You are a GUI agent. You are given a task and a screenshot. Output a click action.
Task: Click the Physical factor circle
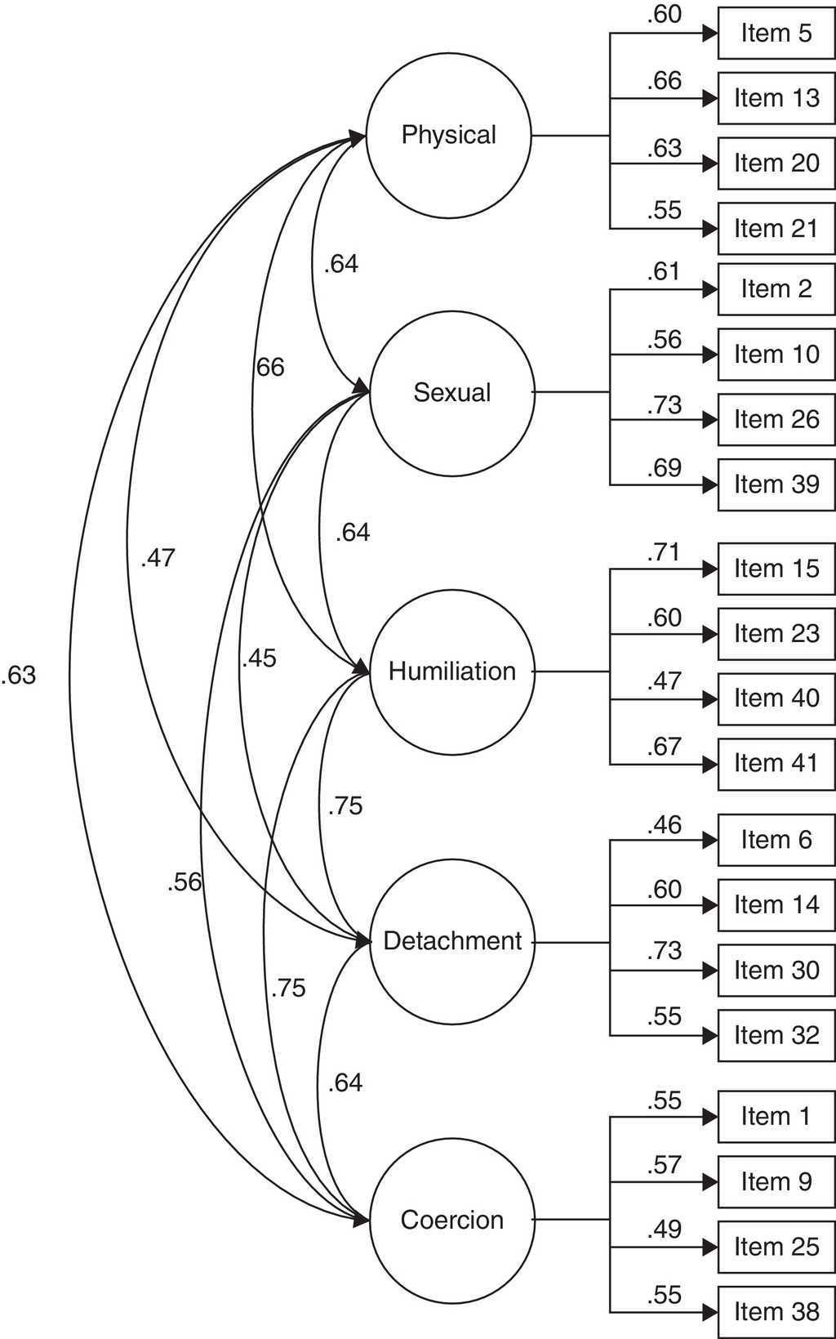(x=448, y=136)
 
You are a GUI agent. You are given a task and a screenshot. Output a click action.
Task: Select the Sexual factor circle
(x=451, y=393)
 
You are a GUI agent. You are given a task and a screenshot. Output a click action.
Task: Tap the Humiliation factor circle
(x=451, y=672)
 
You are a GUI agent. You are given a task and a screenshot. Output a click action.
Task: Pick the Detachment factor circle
(x=451, y=941)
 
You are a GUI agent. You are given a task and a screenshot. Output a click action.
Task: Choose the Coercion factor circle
(x=451, y=1221)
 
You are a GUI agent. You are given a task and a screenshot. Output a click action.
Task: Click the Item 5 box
(x=776, y=33)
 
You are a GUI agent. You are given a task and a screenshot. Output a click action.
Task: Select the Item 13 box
(x=776, y=99)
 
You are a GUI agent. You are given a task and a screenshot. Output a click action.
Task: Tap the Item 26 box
(x=776, y=420)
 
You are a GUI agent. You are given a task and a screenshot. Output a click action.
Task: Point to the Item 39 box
(x=776, y=485)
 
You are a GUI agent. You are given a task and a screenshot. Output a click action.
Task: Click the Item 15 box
(x=776, y=569)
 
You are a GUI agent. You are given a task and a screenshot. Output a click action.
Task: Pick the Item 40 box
(x=776, y=699)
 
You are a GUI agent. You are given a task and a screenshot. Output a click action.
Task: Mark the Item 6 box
(x=776, y=840)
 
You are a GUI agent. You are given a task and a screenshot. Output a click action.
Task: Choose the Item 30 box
(x=776, y=971)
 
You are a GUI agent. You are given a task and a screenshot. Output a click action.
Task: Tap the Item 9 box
(x=776, y=1182)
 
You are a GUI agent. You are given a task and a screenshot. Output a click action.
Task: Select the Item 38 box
(x=776, y=1312)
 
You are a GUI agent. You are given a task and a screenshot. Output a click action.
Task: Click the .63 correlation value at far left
(x=19, y=676)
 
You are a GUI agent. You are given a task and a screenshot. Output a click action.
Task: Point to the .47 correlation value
(x=158, y=558)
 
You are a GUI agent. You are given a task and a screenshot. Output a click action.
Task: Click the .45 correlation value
(x=260, y=658)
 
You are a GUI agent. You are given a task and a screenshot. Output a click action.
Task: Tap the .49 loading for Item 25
(x=664, y=1230)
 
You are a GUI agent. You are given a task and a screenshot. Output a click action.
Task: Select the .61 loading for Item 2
(x=663, y=271)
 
